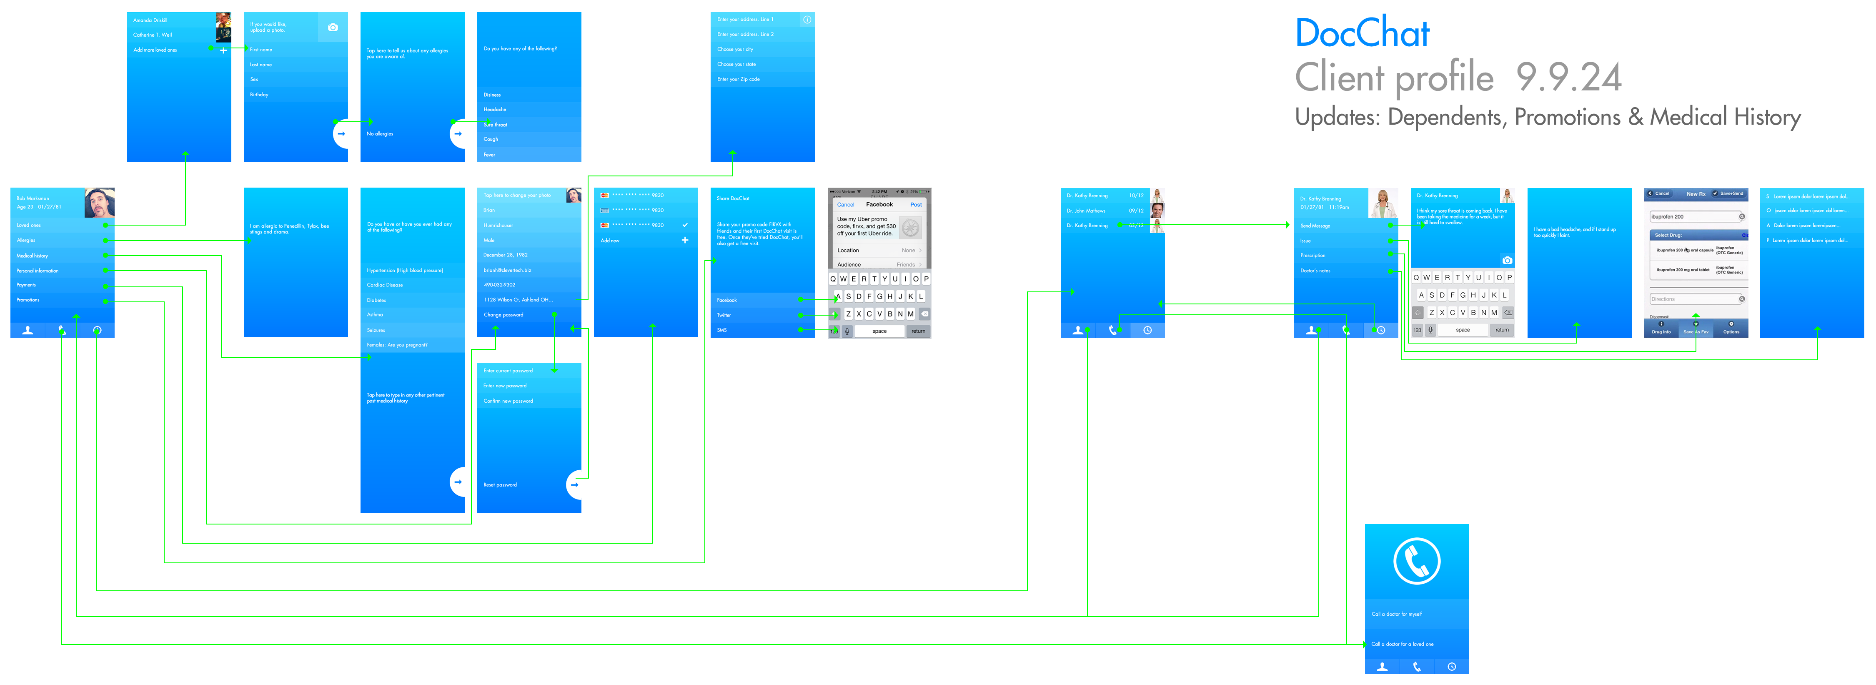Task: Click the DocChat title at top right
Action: (1361, 33)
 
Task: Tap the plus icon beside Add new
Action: (684, 240)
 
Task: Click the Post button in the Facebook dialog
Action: (915, 205)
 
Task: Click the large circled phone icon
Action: (1416, 561)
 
